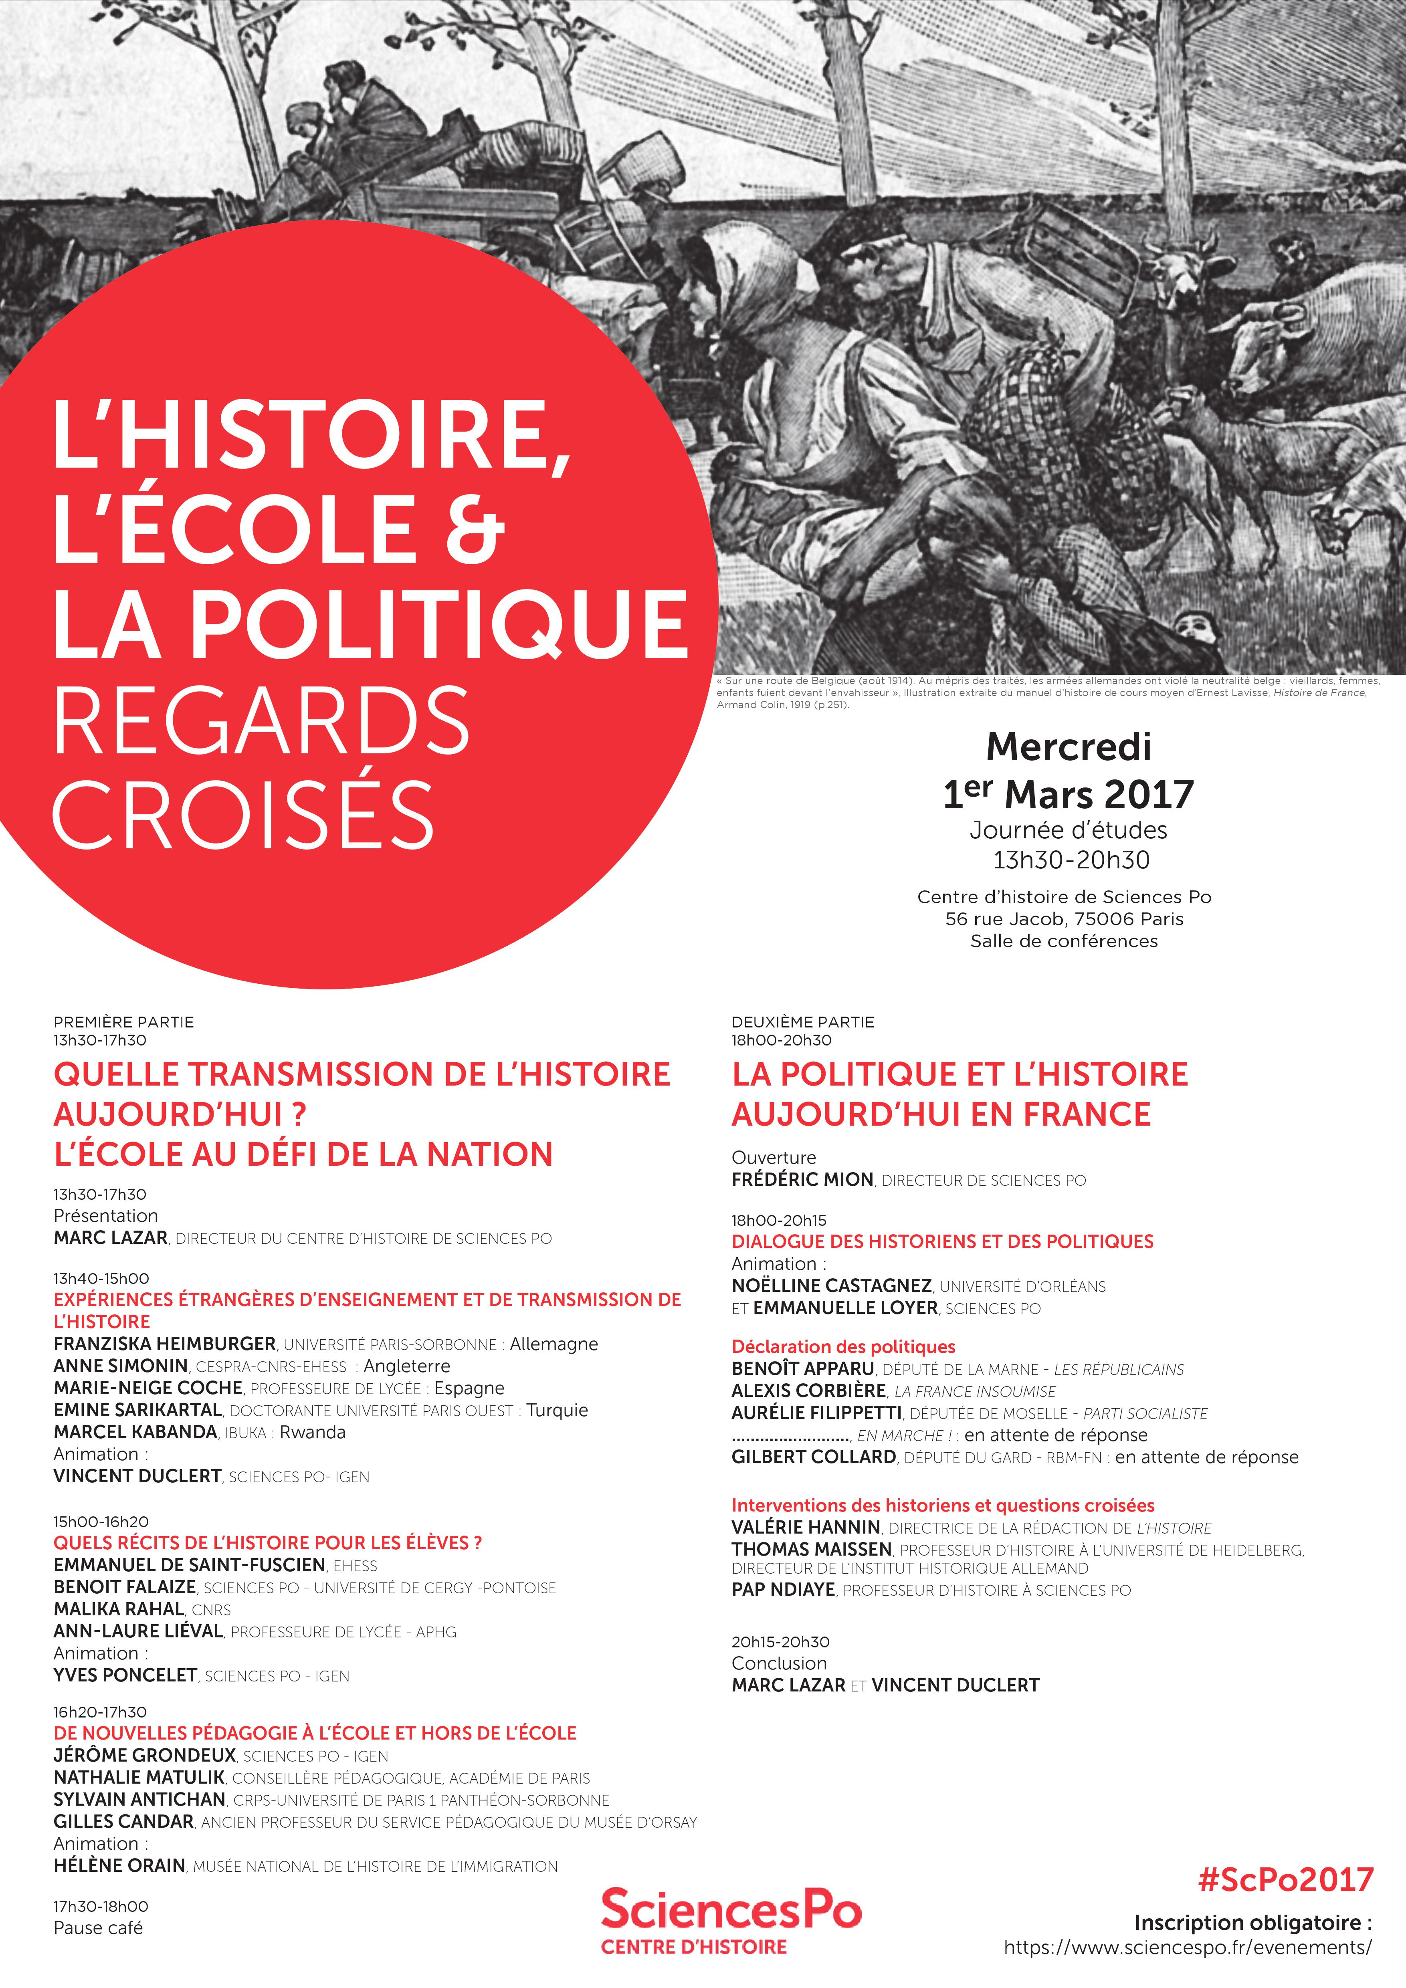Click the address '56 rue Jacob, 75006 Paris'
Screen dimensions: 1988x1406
point(1064,919)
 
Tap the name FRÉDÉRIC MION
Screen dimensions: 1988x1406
point(802,1179)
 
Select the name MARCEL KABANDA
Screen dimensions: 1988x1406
point(135,1432)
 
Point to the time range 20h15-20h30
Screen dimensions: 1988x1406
point(780,1641)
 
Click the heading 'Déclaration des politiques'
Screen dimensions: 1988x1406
point(843,1346)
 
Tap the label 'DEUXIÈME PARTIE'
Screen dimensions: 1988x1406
point(802,1022)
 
